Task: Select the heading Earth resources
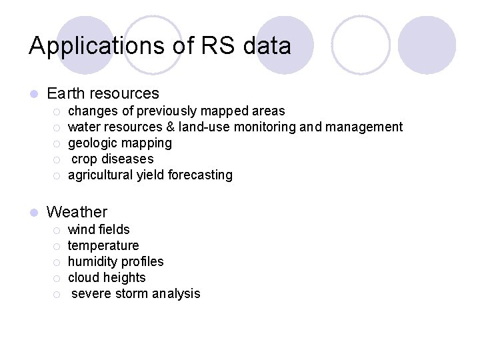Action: click(103, 93)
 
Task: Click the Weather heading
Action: click(77, 212)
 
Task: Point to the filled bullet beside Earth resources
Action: click(33, 94)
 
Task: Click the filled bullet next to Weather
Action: click(33, 213)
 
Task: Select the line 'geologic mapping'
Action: click(120, 143)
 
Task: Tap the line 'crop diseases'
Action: click(112, 159)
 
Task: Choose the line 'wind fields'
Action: click(99, 230)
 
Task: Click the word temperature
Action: click(103, 246)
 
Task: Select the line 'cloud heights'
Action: click(107, 278)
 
